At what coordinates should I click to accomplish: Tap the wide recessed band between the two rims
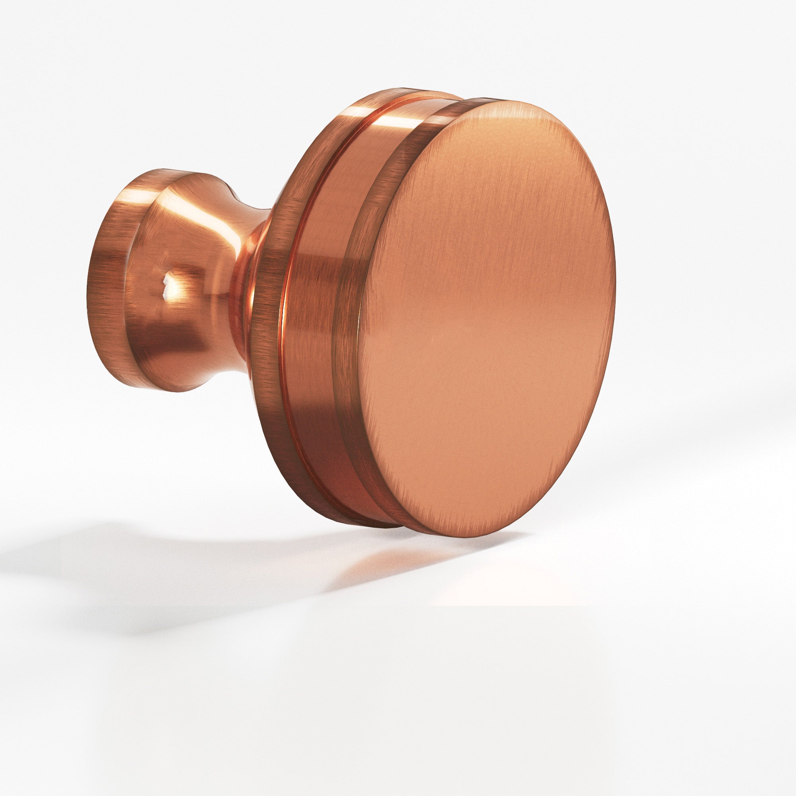(317, 313)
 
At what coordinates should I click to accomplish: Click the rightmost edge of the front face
(615, 289)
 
